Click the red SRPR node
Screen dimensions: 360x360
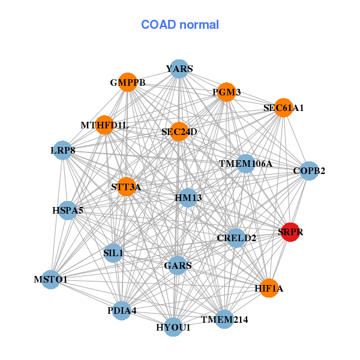coord(290,232)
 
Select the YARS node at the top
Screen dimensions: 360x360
coord(179,68)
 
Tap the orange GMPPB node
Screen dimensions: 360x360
coord(128,82)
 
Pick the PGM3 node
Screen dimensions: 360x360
coord(227,92)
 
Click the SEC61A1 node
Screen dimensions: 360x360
coord(284,107)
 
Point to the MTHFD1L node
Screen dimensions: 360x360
coord(104,125)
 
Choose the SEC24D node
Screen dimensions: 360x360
coord(179,131)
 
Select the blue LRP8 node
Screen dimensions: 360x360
coord(62,151)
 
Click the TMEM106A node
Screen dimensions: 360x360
coord(245,164)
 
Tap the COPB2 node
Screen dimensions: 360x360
coord(309,171)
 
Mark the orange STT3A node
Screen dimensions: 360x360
coord(126,187)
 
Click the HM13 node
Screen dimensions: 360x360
coord(188,197)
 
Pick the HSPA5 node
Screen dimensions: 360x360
coord(67,211)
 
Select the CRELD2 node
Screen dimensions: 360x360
coord(236,238)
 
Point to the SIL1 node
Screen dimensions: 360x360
coord(113,253)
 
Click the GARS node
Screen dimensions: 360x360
coord(178,265)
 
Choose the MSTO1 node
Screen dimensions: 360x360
coord(51,280)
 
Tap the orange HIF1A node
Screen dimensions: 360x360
coord(269,288)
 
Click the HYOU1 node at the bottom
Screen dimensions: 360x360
coord(173,327)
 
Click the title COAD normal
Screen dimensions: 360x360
coord(180,25)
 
